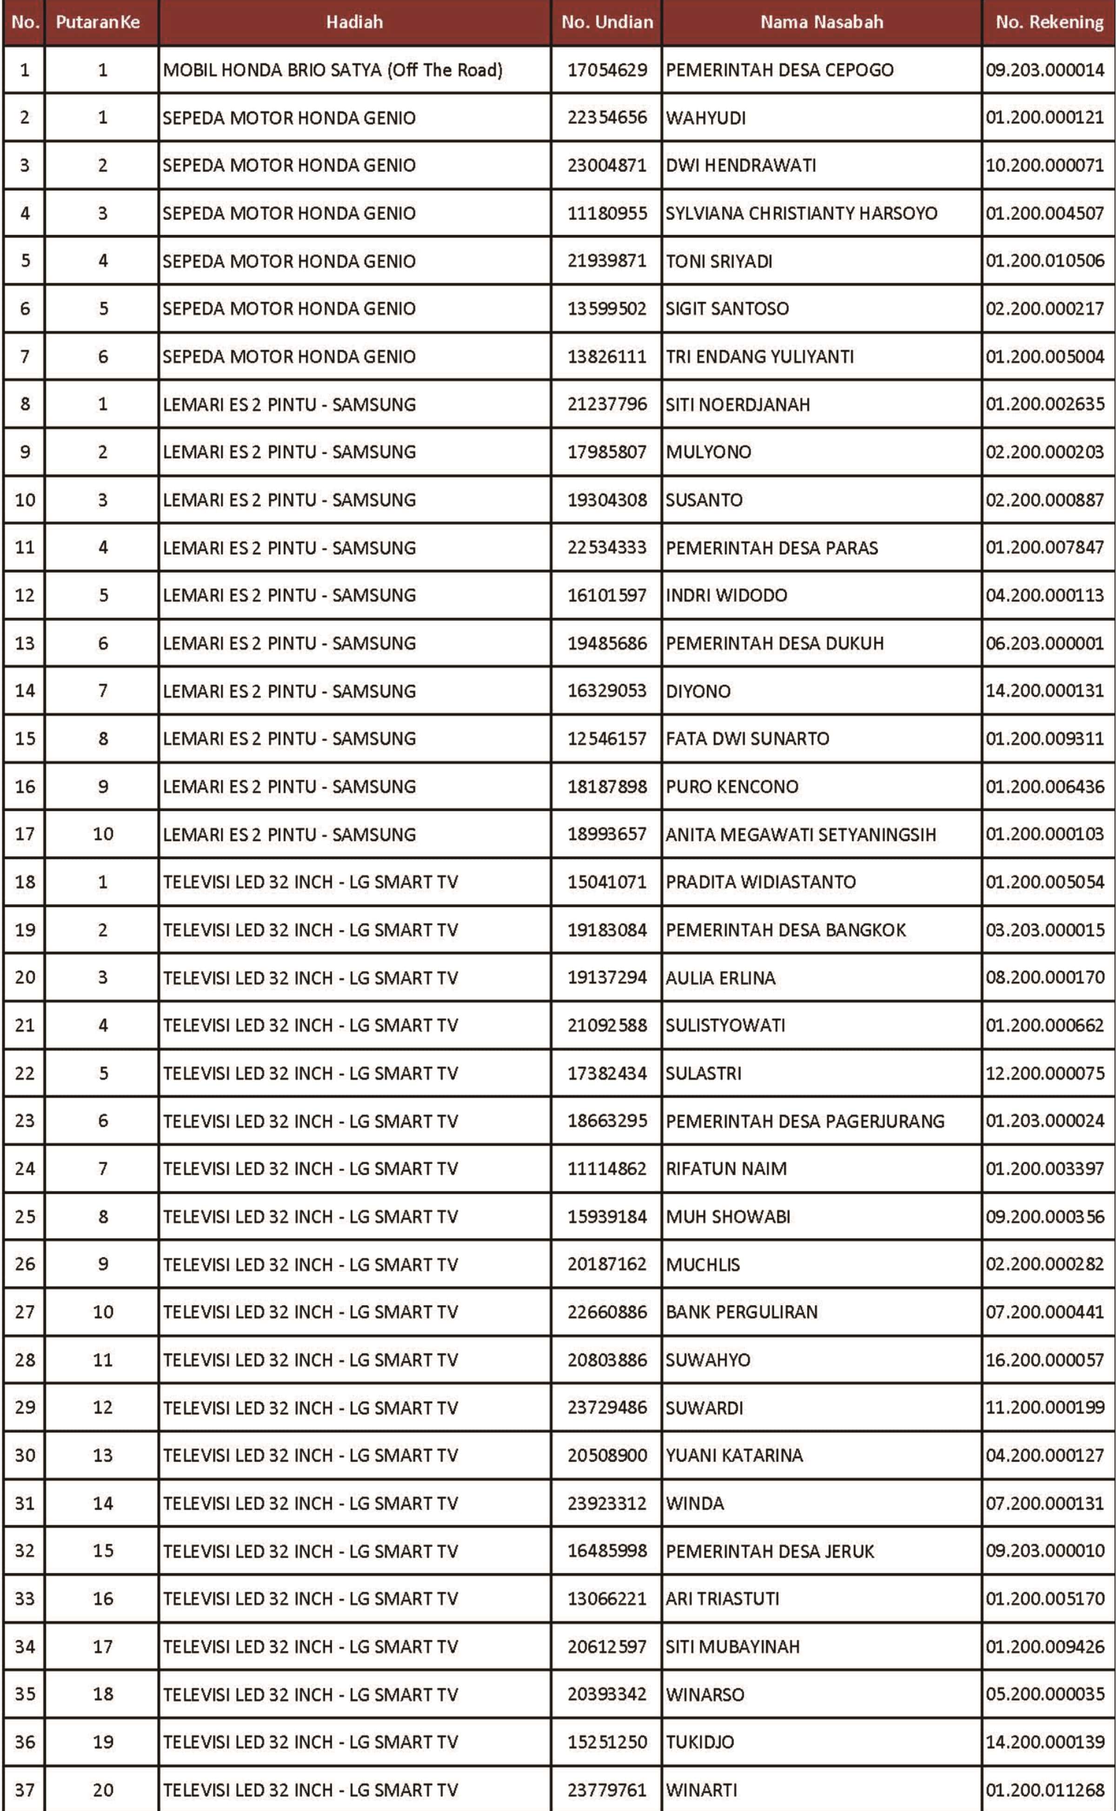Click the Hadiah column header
[354, 22]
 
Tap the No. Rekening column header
[1049, 22]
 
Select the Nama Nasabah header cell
[822, 22]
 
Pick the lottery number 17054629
[607, 70]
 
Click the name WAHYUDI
[705, 118]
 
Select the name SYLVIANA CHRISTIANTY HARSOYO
[801, 213]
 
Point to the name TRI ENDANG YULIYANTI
[759, 357]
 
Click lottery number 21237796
[607, 404]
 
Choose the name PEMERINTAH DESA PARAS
[771, 548]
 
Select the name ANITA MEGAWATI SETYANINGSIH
[800, 834]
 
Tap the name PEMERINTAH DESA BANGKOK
[785, 930]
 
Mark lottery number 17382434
[607, 1073]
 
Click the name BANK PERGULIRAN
[741, 1312]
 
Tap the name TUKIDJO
[700, 1742]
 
